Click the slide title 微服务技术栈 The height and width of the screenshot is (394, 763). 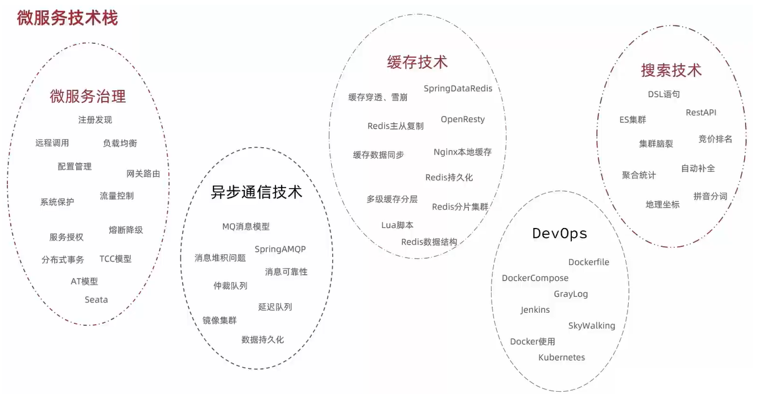(67, 18)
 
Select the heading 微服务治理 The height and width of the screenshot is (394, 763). (88, 96)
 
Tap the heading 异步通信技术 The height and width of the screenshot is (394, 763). (257, 192)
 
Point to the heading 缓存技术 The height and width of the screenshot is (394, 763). (417, 62)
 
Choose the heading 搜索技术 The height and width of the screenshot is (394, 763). (671, 70)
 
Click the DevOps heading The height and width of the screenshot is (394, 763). (559, 233)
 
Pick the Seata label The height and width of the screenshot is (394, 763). (96, 300)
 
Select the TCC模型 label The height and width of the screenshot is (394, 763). (116, 259)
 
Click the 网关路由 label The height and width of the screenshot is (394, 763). (143, 173)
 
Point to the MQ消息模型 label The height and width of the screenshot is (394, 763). (246, 226)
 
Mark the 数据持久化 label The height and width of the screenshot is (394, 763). (262, 339)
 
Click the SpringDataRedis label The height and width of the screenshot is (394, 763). (458, 89)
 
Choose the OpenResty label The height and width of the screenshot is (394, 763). (463, 119)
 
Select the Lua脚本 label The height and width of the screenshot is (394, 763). (397, 225)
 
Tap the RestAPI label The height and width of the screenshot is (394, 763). (701, 113)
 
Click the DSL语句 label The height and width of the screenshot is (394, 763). (663, 94)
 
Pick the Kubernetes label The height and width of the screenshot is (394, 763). (562, 358)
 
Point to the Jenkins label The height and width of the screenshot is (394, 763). (535, 310)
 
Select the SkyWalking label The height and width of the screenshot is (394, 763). (591, 326)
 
